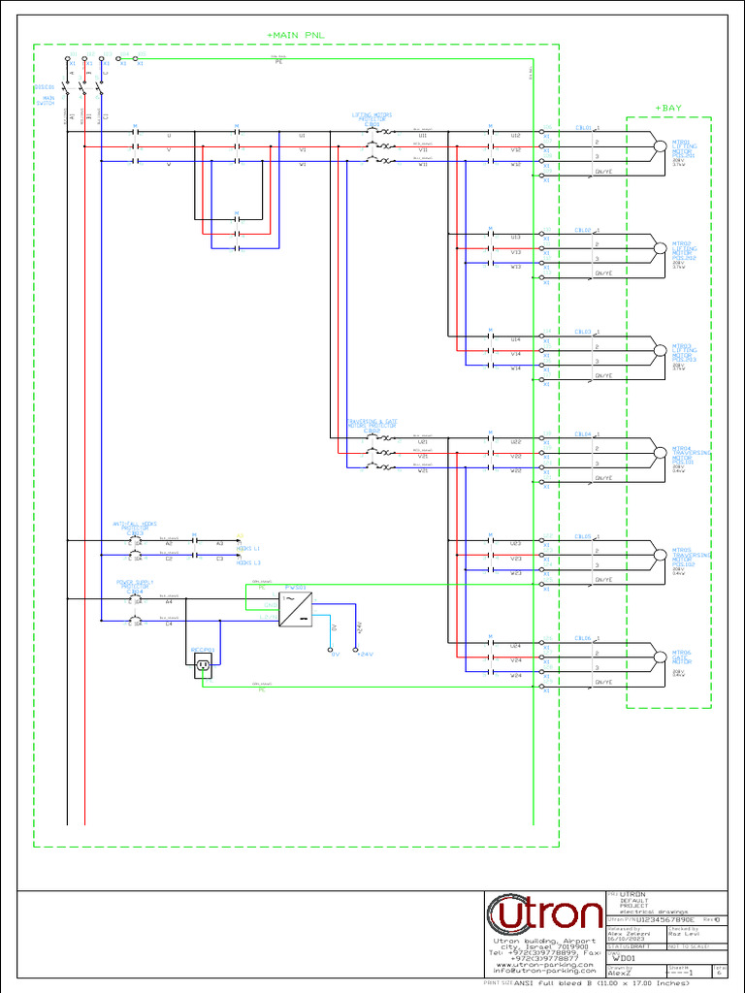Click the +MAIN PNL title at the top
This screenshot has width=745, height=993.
296,35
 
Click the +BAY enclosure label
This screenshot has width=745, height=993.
668,108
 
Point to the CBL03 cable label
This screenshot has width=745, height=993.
583,332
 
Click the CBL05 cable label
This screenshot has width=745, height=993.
583,535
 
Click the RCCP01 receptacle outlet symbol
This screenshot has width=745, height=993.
203,664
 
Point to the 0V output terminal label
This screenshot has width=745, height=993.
335,655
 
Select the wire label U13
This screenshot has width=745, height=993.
516,238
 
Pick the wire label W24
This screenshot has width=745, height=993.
516,675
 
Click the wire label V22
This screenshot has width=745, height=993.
516,456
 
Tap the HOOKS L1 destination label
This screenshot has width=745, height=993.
248,548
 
